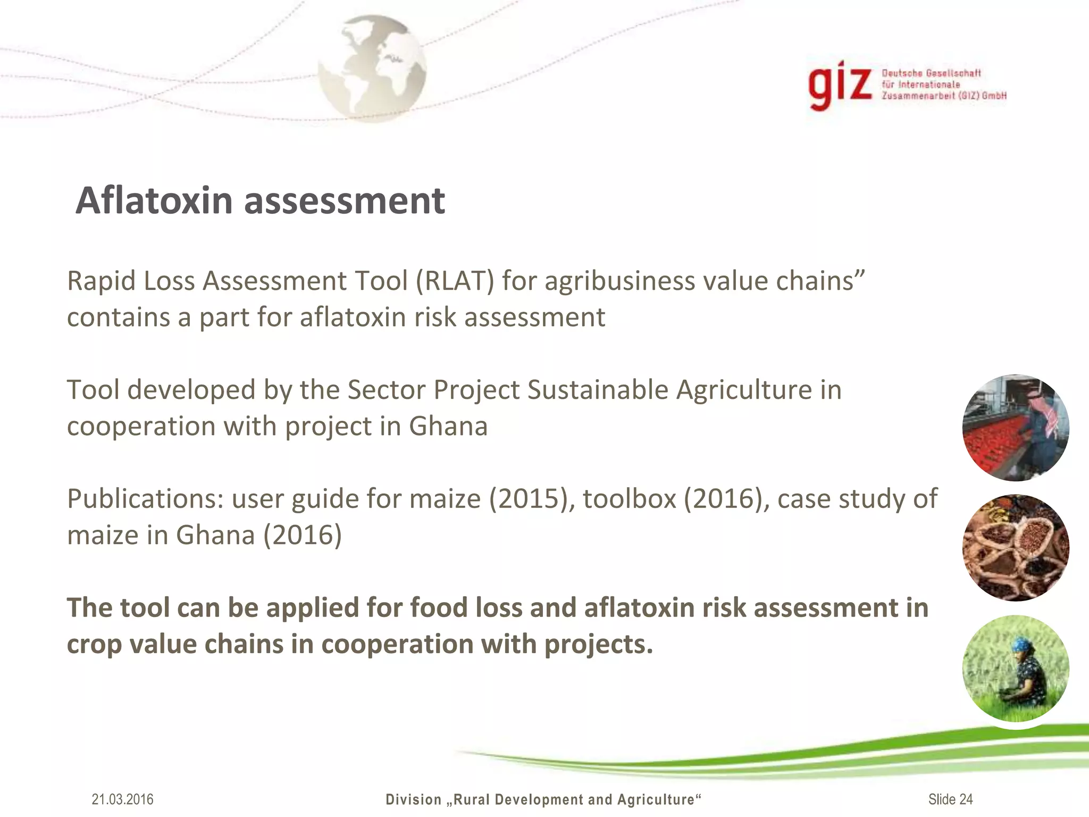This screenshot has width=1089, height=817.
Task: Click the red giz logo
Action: pos(840,86)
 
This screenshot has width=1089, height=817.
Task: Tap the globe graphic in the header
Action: pos(372,68)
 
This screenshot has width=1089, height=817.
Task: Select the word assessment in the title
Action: pos(345,202)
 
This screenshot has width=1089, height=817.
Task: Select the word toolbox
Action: pos(629,499)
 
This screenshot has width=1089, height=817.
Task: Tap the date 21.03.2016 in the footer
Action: pos(122,799)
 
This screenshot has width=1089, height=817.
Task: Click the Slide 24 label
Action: pos(951,799)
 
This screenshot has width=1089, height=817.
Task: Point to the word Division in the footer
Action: pos(414,799)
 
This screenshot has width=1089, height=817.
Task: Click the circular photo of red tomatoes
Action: pos(1016,428)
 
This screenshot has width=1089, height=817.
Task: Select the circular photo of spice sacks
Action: pos(1016,548)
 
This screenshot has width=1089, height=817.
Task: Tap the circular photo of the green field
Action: pos(1016,668)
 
